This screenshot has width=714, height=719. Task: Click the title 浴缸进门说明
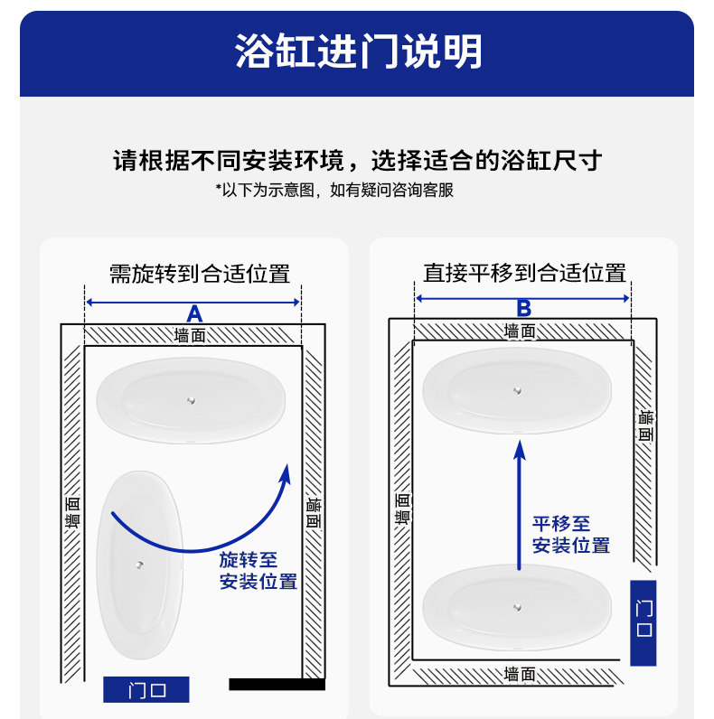pyautogui.click(x=358, y=51)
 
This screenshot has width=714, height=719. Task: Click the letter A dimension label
pyautogui.click(x=193, y=314)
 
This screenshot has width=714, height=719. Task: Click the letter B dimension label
pyautogui.click(x=523, y=308)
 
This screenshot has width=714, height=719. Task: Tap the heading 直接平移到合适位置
pyautogui.click(x=524, y=272)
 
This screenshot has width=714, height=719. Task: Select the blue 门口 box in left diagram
pyautogui.click(x=146, y=690)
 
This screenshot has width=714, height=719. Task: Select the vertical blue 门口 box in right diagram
pyautogui.click(x=644, y=622)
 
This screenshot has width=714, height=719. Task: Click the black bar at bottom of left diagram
pyautogui.click(x=277, y=685)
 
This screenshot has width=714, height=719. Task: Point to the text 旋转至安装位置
pyautogui.click(x=258, y=571)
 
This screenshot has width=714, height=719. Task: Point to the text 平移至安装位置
pyautogui.click(x=570, y=534)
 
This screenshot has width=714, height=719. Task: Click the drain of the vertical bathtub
pyautogui.click(x=140, y=565)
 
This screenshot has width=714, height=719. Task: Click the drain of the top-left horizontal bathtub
pyautogui.click(x=191, y=399)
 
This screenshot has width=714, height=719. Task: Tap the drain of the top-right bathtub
pyautogui.click(x=517, y=390)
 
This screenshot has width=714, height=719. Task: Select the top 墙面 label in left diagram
pyautogui.click(x=190, y=335)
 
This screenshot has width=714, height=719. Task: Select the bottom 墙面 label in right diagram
pyautogui.click(x=520, y=674)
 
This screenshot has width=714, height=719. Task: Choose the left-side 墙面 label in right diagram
pyautogui.click(x=402, y=508)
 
